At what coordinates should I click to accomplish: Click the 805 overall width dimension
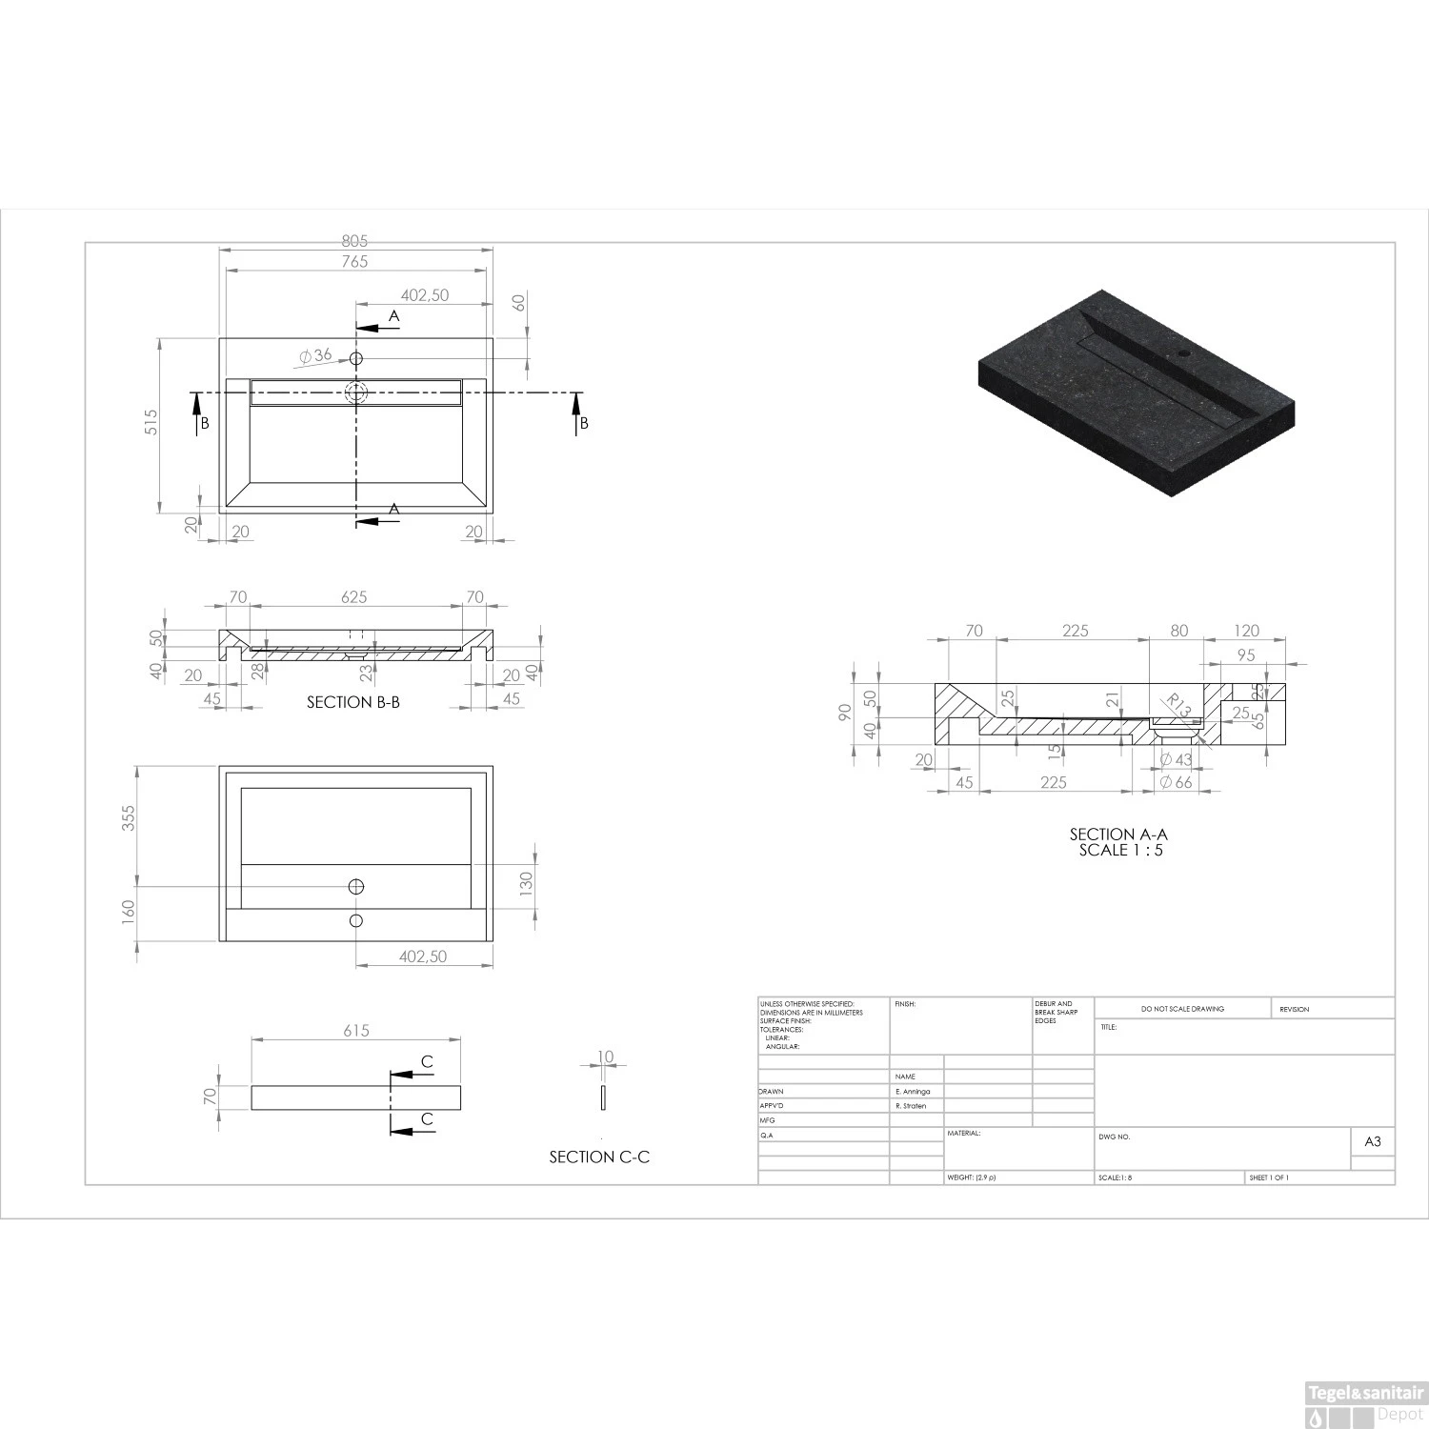pos(354,242)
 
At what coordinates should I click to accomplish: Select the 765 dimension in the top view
pos(354,261)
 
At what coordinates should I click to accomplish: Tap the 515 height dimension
pos(151,422)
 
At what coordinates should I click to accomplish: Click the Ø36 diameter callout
pos(316,355)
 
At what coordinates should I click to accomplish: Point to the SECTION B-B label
pos(352,702)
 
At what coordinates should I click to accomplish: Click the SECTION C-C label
pos(599,1157)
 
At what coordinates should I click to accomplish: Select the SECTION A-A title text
pos(1118,835)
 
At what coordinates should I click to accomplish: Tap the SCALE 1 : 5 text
pos(1120,850)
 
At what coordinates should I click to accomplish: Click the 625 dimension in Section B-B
pos(353,597)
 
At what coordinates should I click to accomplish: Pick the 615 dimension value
pos(355,1031)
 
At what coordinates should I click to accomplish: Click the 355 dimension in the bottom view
pos(129,818)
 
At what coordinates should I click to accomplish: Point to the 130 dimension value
pos(526,884)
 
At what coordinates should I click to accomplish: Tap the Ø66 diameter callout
pos(1176,782)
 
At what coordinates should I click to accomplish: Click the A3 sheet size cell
pos(1373,1141)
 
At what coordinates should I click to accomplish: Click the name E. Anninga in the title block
pos(912,1092)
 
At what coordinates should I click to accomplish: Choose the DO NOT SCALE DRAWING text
pos(1182,1009)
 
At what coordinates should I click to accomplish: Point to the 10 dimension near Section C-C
pos(606,1057)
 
